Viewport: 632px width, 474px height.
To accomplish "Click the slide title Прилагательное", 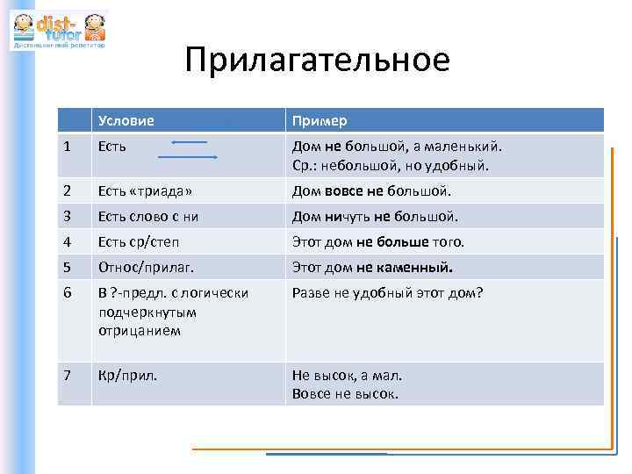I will [x=317, y=60].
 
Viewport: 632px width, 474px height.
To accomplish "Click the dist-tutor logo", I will [x=58, y=30].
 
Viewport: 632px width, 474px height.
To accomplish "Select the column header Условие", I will [x=126, y=120].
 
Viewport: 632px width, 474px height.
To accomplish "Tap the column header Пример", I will [x=320, y=120].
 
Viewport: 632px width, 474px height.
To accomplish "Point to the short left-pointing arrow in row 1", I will [x=189, y=140].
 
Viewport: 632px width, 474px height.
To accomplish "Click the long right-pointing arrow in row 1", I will [x=187, y=156].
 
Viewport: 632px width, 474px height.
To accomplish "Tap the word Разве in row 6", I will [x=311, y=293].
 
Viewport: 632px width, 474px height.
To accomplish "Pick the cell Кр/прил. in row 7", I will [x=126, y=375].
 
